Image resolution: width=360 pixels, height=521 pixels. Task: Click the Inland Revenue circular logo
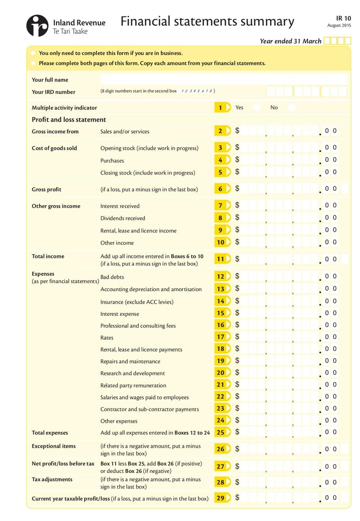37,26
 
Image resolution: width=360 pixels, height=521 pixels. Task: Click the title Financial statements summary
207,21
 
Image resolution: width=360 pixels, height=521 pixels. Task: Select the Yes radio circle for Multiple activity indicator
256,108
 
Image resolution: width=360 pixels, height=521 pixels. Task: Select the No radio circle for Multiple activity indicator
292,108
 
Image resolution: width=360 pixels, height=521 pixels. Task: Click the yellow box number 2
220,131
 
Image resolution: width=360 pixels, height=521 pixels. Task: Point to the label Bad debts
112,277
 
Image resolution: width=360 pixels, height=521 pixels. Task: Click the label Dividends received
122,218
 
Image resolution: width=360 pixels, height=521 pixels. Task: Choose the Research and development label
132,373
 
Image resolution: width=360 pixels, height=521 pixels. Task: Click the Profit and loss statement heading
69,120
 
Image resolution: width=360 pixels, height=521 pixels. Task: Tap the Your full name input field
224,80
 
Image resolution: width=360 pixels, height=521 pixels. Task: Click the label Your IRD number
54,92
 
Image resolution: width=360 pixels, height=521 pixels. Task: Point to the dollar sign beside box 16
237,325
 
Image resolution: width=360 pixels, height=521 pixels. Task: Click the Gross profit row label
46,189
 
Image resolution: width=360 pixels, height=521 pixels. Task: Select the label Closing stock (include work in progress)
148,173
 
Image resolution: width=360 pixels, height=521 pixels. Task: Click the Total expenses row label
49,433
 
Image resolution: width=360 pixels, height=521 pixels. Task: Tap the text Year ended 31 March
290,41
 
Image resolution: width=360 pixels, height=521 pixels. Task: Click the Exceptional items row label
54,446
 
